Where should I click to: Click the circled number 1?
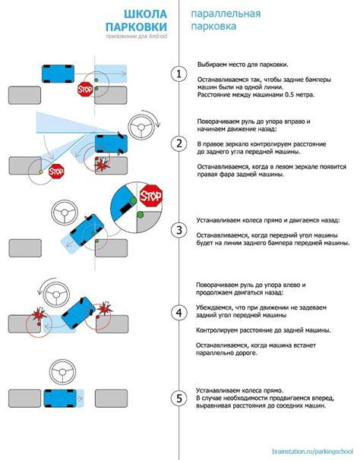tap(179, 74)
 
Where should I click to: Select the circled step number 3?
tap(179, 230)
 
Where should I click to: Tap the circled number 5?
tap(179, 398)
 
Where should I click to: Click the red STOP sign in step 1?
tap(84, 90)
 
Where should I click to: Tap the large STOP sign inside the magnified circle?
tap(151, 198)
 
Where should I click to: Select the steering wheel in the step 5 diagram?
tap(60, 373)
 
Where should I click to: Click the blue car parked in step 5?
tap(63, 398)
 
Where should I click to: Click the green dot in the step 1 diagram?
tap(97, 80)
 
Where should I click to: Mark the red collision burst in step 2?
tap(100, 165)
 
